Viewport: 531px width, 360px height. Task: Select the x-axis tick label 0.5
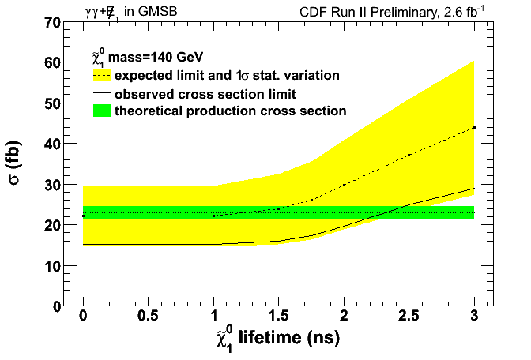point(149,316)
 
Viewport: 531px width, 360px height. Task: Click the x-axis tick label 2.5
point(409,316)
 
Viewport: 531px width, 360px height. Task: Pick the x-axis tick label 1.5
point(278,316)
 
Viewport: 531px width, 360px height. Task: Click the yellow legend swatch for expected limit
point(100,76)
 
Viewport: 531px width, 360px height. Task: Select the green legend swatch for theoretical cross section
point(100,111)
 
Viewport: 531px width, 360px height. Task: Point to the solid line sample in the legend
point(100,94)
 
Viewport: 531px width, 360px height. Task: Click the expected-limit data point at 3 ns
point(473,127)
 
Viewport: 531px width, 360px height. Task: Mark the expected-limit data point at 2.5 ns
point(409,155)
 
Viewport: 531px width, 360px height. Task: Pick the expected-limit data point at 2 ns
point(344,185)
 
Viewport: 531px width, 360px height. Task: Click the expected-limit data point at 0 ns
point(83,216)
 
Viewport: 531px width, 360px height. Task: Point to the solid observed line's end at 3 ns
point(473,189)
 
